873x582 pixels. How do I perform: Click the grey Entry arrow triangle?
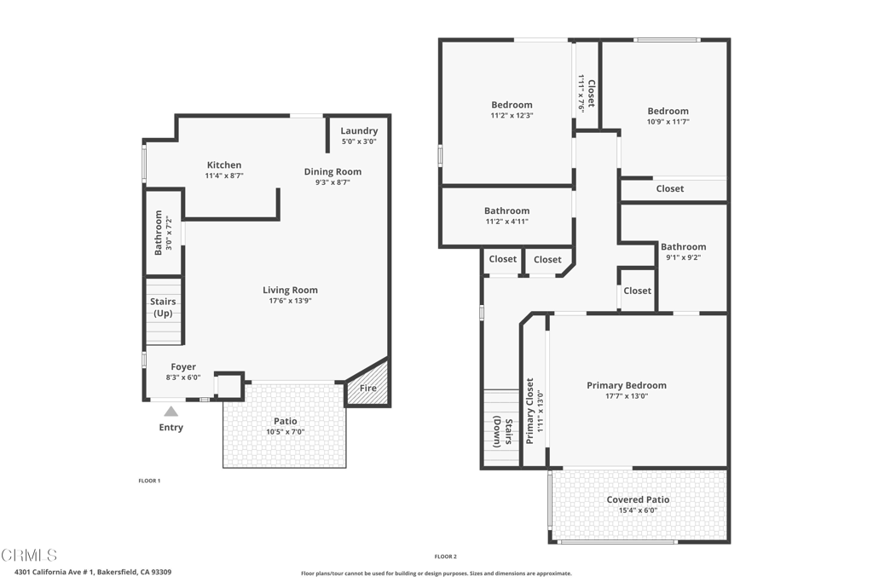[171, 412]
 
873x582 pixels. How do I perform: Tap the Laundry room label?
[359, 130]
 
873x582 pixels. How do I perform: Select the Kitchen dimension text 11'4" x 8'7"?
[224, 176]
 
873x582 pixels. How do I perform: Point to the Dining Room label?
[332, 171]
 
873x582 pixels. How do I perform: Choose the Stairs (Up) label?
[163, 307]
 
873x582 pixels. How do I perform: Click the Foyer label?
[183, 366]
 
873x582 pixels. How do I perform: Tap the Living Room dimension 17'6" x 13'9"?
[290, 301]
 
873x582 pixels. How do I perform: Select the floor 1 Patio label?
[285, 421]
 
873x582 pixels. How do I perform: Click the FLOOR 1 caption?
[149, 481]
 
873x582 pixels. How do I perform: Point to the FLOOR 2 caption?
[445, 556]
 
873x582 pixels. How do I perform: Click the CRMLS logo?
[29, 555]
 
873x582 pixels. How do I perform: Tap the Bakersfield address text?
[93, 572]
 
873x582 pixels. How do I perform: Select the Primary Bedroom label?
[627, 385]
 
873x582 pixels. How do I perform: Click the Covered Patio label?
[638, 499]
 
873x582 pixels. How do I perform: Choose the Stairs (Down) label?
[503, 431]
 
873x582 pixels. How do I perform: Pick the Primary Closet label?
[529, 411]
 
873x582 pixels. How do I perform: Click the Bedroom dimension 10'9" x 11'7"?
[668, 122]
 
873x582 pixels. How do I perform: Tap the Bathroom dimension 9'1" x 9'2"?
[683, 257]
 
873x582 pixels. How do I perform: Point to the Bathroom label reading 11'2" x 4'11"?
[506, 210]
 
